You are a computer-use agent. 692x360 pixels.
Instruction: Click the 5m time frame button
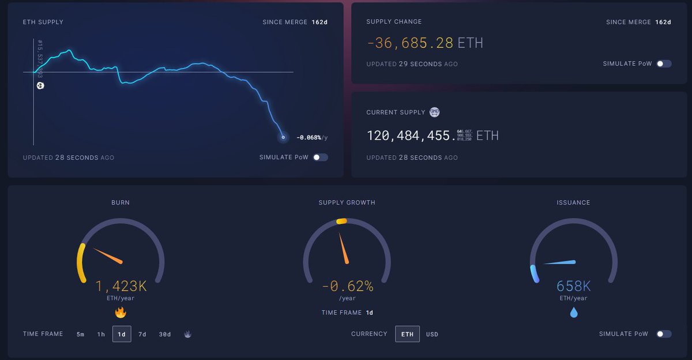click(80, 334)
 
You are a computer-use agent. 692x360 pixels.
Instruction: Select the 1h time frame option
click(101, 334)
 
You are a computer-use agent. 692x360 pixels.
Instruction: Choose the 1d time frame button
click(122, 334)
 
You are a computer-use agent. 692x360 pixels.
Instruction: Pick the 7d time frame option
click(142, 334)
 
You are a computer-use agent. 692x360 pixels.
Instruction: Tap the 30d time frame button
click(165, 334)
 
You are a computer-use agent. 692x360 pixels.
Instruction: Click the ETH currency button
click(407, 334)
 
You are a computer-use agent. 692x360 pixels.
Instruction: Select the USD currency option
click(432, 334)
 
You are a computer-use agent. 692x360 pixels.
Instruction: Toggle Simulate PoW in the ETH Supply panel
click(320, 157)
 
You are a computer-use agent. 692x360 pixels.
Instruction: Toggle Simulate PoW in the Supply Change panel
click(664, 63)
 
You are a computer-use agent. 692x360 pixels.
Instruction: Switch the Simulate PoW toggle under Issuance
click(664, 334)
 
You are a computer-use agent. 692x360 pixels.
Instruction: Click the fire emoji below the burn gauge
click(121, 313)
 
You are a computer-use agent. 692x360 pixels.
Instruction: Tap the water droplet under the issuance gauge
click(574, 313)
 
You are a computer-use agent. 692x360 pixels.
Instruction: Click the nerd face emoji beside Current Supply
click(435, 112)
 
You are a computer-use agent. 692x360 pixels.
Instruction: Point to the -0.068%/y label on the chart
click(311, 137)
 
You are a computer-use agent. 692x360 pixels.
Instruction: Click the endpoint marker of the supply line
click(283, 137)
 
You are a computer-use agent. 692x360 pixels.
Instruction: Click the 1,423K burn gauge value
click(121, 286)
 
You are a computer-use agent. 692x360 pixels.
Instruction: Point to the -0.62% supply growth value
click(347, 286)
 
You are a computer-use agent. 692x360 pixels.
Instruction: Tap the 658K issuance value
click(573, 286)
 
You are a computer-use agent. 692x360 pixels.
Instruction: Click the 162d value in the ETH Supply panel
click(320, 22)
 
